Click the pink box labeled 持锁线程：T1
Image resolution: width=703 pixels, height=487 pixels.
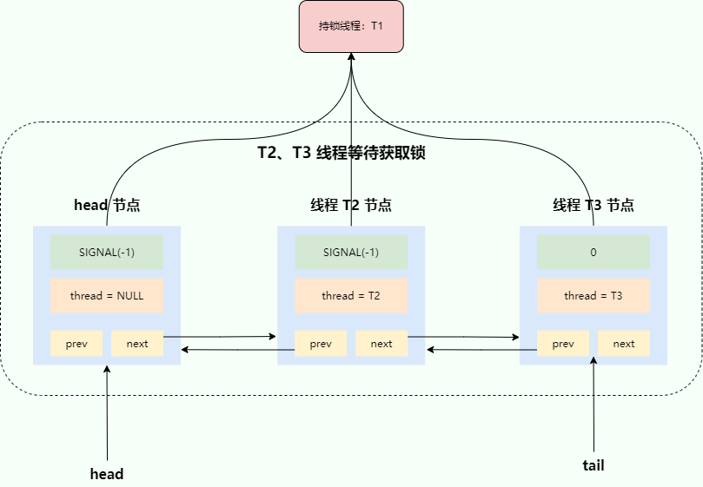[x=351, y=26]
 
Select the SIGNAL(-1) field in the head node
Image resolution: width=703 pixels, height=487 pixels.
[x=107, y=253]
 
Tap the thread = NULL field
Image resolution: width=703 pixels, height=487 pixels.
[x=107, y=296]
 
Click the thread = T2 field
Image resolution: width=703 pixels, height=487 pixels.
[x=351, y=296]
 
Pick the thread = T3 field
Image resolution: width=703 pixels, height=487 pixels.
[x=594, y=296]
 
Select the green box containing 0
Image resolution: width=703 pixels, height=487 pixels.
[x=594, y=253]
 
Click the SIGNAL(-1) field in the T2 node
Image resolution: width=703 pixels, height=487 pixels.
[x=351, y=253]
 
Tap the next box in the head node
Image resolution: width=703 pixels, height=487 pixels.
[x=137, y=344]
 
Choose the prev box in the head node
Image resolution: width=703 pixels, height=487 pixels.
[x=76, y=344]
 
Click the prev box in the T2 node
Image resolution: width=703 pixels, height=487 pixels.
[x=321, y=344]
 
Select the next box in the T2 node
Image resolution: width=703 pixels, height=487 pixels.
[x=381, y=344]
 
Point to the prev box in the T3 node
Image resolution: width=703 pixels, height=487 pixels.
[x=563, y=344]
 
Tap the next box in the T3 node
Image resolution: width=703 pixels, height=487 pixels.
[x=624, y=344]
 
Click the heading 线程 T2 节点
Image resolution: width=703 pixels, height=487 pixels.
[x=351, y=206]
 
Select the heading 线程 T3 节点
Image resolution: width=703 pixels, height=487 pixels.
[x=594, y=206]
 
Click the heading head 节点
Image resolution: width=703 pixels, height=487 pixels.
[x=107, y=206]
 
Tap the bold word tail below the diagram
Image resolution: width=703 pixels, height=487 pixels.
[x=594, y=465]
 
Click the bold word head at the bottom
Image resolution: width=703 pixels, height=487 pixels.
[x=107, y=474]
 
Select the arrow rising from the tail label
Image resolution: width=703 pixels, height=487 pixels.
[x=594, y=408]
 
